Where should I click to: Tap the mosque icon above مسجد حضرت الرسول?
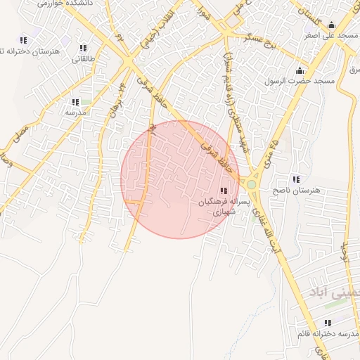(x=301, y=70)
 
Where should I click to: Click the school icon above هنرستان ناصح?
(x=295, y=179)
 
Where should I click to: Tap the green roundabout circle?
(x=251, y=185)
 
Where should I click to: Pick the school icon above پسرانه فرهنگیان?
(x=224, y=191)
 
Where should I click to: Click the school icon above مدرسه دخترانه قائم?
(x=328, y=322)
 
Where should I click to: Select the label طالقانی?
(x=80, y=59)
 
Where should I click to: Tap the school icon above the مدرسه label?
(x=75, y=102)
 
